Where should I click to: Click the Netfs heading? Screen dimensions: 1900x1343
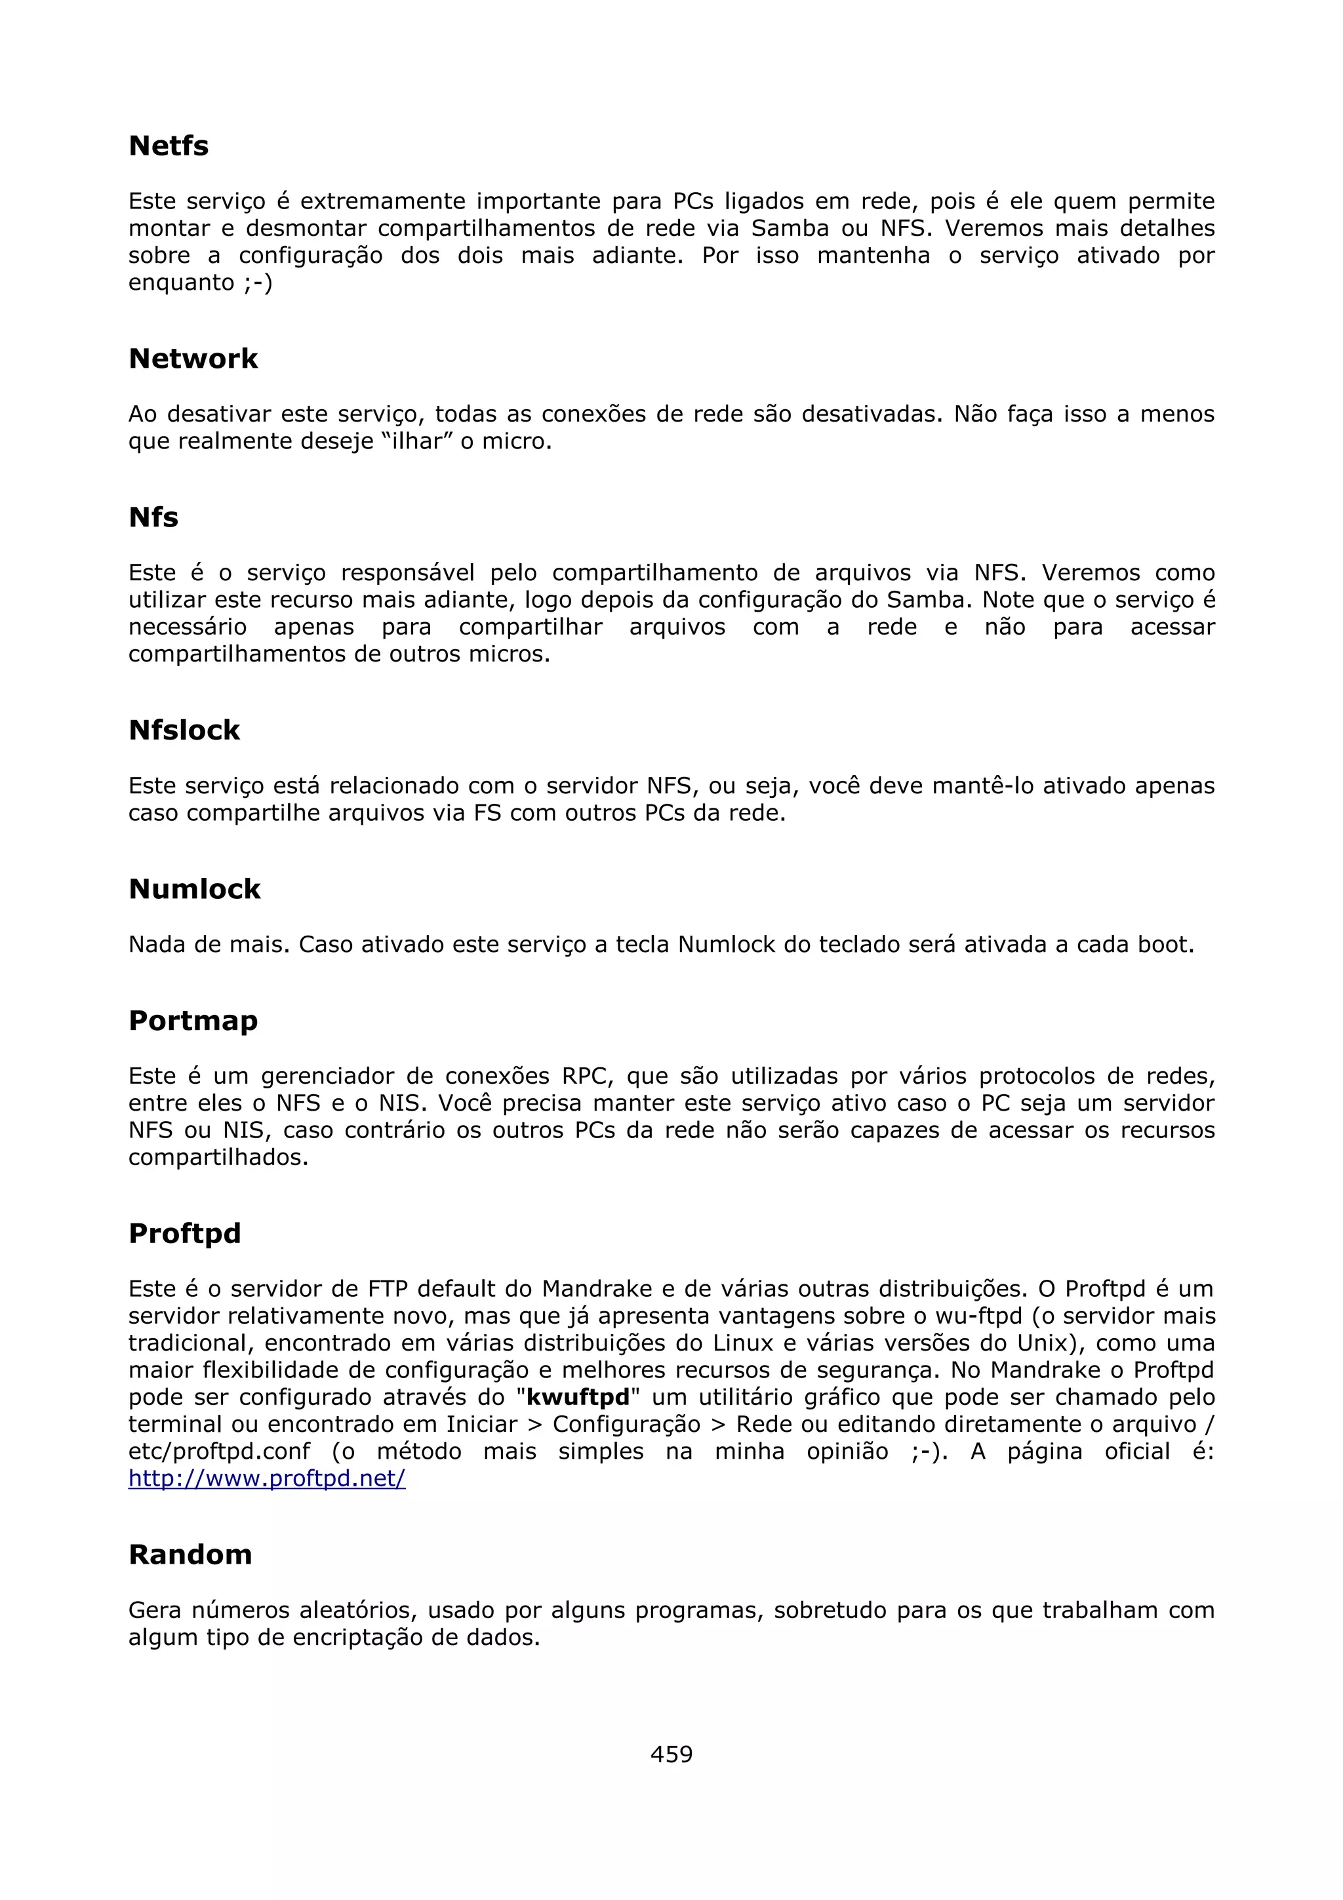(169, 146)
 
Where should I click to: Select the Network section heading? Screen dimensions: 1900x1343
(193, 359)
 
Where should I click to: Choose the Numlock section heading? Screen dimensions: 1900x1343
(195, 889)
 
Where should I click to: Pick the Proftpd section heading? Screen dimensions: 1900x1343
(184, 1233)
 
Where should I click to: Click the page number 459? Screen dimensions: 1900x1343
(671, 1754)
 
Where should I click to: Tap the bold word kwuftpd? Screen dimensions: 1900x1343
(578, 1397)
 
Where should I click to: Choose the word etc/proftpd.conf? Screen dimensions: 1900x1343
(219, 1452)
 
